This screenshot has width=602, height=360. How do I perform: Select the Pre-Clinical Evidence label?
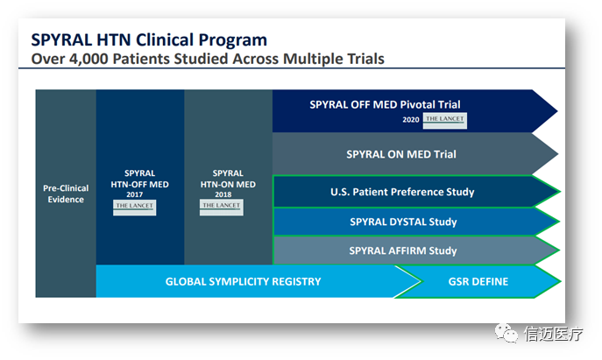pos(64,194)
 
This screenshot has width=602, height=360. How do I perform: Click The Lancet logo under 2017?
pos(134,207)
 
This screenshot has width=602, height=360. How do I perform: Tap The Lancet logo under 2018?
pos(222,207)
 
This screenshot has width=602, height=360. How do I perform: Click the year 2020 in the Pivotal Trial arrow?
pos(412,119)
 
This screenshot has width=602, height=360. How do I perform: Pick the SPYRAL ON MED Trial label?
pos(401,155)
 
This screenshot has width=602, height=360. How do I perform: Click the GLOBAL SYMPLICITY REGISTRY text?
pos(243,281)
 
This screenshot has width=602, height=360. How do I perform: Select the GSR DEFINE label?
pos(478,281)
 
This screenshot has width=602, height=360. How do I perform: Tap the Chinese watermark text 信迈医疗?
pos(553,334)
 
